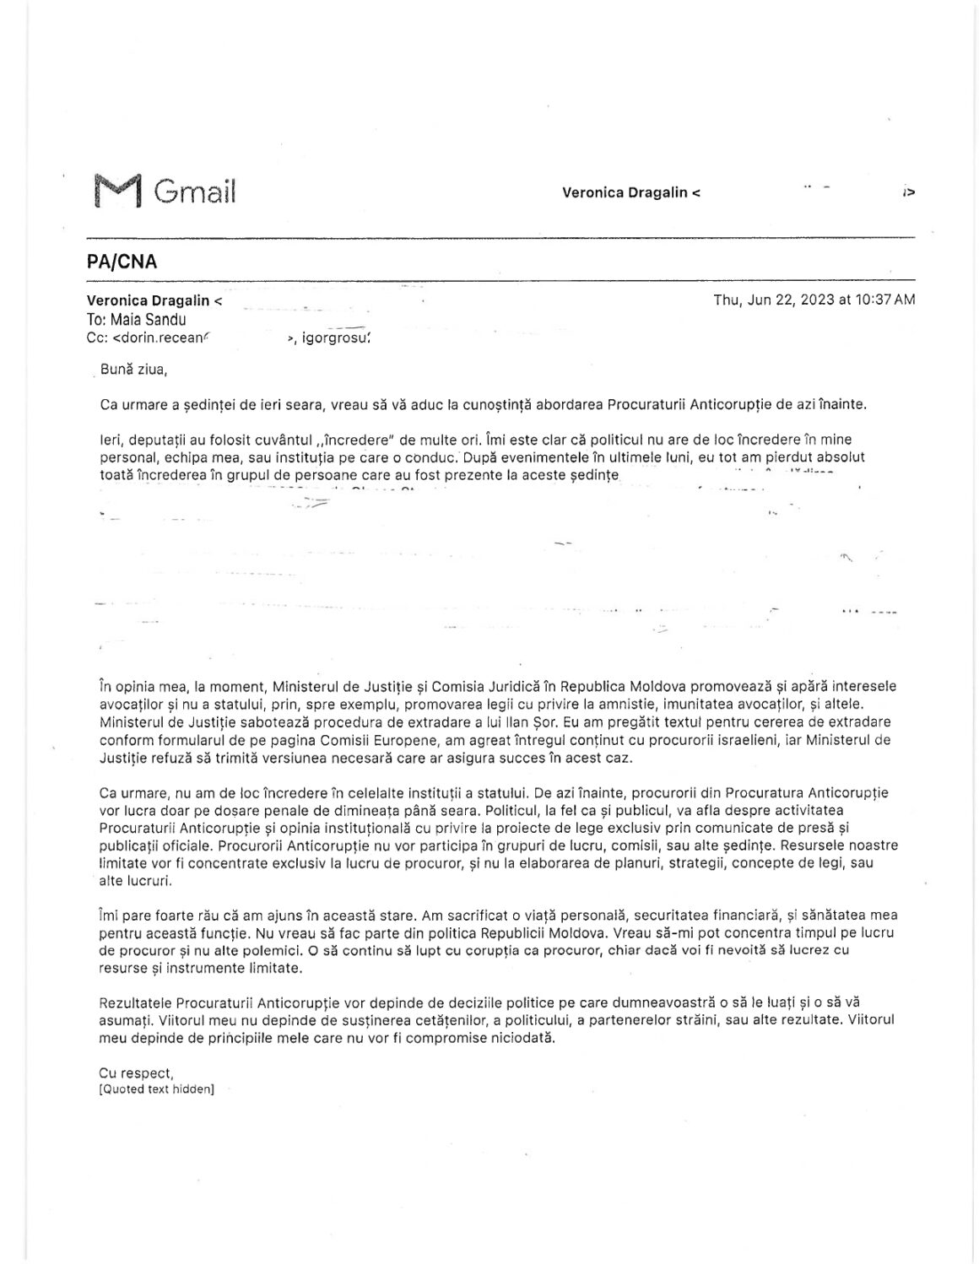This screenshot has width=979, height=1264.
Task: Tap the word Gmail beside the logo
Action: click(x=195, y=192)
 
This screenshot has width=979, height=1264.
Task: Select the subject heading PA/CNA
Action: click(x=122, y=262)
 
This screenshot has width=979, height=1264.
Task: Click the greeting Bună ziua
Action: click(x=133, y=369)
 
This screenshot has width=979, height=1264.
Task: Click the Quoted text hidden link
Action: click(x=156, y=1089)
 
